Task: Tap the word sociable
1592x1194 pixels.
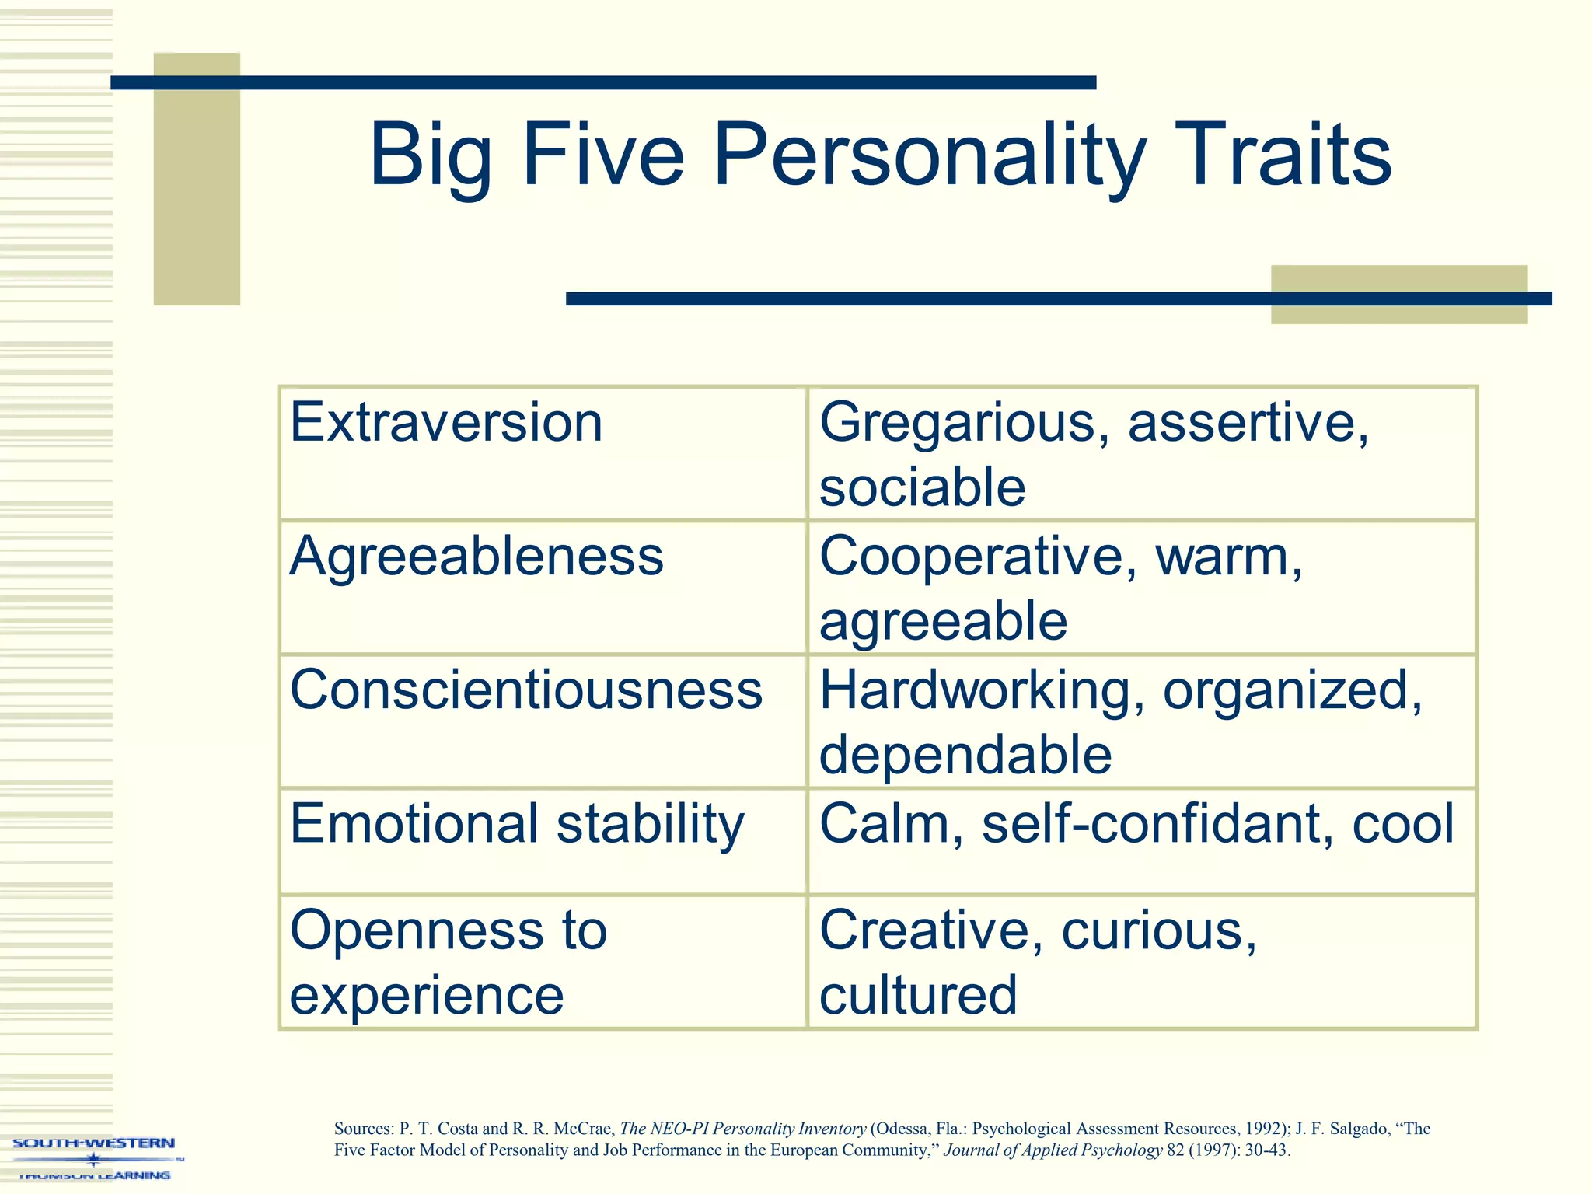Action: point(923,488)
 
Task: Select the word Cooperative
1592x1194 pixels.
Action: point(972,557)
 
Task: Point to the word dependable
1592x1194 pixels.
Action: point(965,756)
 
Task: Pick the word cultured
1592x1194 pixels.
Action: point(918,995)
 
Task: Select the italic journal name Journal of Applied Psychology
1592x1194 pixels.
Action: point(1053,1150)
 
